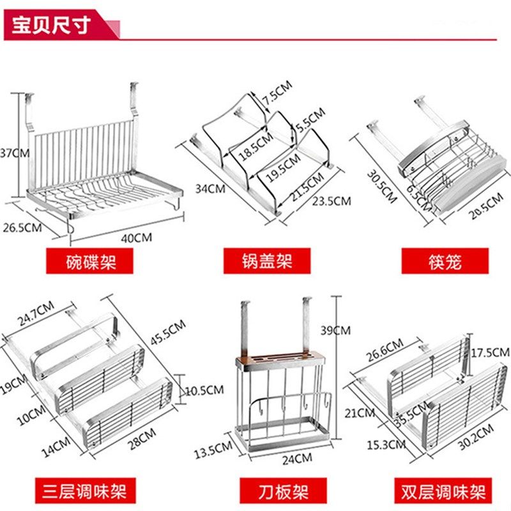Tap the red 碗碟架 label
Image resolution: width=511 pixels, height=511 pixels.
pyautogui.click(x=91, y=261)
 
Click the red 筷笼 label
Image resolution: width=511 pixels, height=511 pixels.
pyautogui.click(x=445, y=261)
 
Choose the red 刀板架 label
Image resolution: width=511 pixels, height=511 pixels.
pyautogui.click(x=274, y=492)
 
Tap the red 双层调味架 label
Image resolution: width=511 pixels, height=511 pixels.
pyautogui.click(x=445, y=492)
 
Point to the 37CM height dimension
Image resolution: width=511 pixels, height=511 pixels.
pyautogui.click(x=14, y=153)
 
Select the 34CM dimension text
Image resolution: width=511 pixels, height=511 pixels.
pyautogui.click(x=210, y=188)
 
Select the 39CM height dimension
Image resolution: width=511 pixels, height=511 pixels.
pyautogui.click(x=335, y=330)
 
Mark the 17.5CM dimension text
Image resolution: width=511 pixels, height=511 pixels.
pyautogui.click(x=494, y=353)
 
